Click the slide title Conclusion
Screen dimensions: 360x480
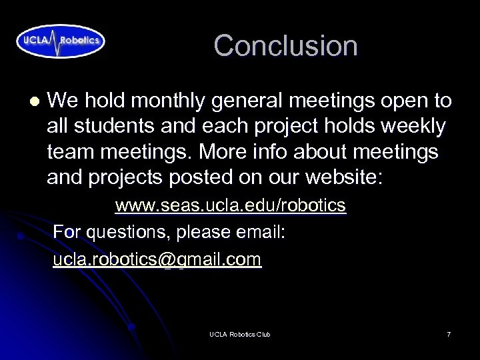click(285, 46)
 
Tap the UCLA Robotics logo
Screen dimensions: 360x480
click(61, 40)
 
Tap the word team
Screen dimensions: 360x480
click(71, 152)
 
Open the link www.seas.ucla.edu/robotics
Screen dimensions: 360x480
click(231, 205)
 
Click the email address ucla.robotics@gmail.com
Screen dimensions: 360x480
click(157, 259)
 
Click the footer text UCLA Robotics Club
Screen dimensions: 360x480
click(239, 334)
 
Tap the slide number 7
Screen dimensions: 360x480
click(449, 334)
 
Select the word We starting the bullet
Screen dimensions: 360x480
click(63, 101)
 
